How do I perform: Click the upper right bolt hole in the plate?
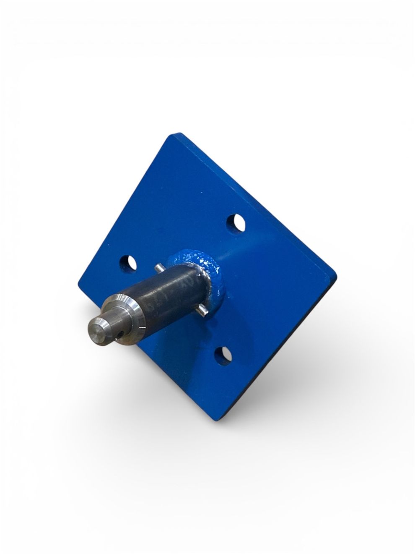(236, 223)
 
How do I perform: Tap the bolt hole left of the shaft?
(128, 263)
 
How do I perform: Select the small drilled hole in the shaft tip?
(121, 333)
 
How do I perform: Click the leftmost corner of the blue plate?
(79, 284)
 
